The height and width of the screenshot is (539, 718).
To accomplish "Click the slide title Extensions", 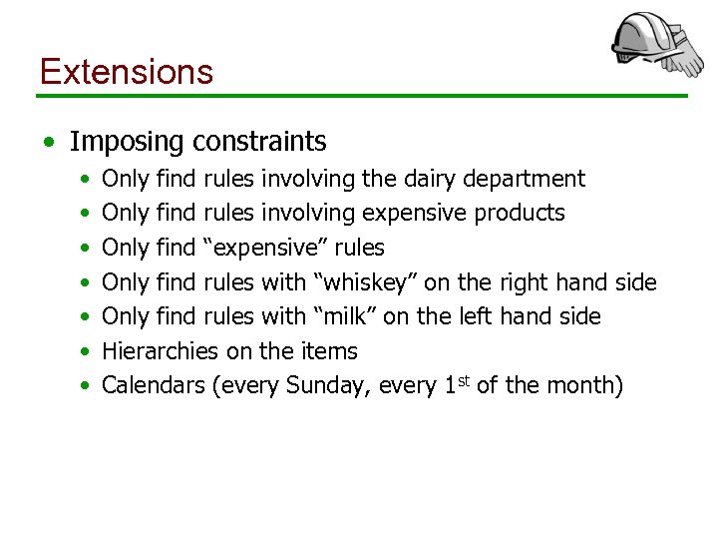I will coord(126,72).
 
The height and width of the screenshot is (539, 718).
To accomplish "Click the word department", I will coord(528,180).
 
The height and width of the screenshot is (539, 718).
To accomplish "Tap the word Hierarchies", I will coord(159,351).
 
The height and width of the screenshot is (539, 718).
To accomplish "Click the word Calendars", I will coord(154,385).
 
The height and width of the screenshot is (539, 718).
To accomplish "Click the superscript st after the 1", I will coord(464,379).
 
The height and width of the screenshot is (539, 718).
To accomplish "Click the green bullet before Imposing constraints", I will coord(49,143).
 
